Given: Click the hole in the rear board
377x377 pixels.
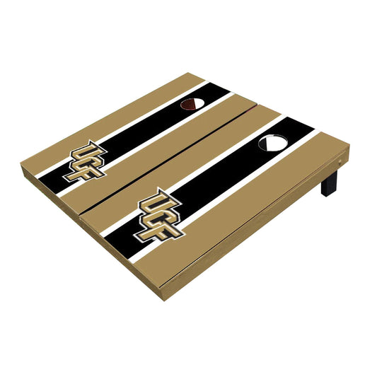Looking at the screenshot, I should coord(192,105).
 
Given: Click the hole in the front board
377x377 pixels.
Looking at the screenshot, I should coord(272,144).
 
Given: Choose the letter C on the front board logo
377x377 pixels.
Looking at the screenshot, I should coord(161,211).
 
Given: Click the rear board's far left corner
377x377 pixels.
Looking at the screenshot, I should coord(22,163).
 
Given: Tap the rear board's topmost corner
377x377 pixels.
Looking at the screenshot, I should coord(202,74).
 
